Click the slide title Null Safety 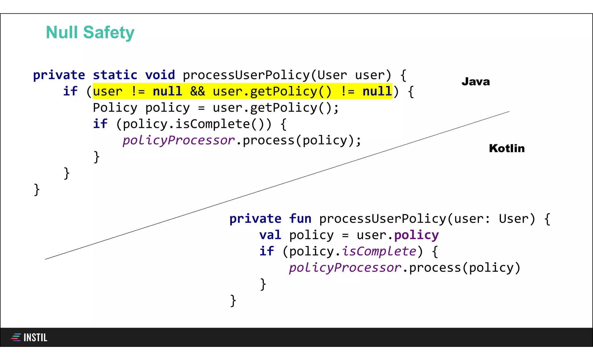pos(90,32)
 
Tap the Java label pos(476,82)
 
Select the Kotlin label pos(507,148)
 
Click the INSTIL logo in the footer pos(29,337)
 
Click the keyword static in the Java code pos(115,75)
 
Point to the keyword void pos(160,75)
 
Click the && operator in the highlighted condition pos(197,92)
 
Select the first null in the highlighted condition pos(167,92)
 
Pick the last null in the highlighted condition pos(377,92)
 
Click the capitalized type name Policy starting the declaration pos(115,108)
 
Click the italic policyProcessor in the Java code pos(178,140)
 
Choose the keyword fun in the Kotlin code pos(300,219)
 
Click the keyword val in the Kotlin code pos(270,235)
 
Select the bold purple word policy pos(416,235)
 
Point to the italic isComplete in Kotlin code pos(379,251)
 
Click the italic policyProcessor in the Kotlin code pos(345,268)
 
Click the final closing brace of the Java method pos(37,190)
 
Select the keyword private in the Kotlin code pos(255,219)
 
